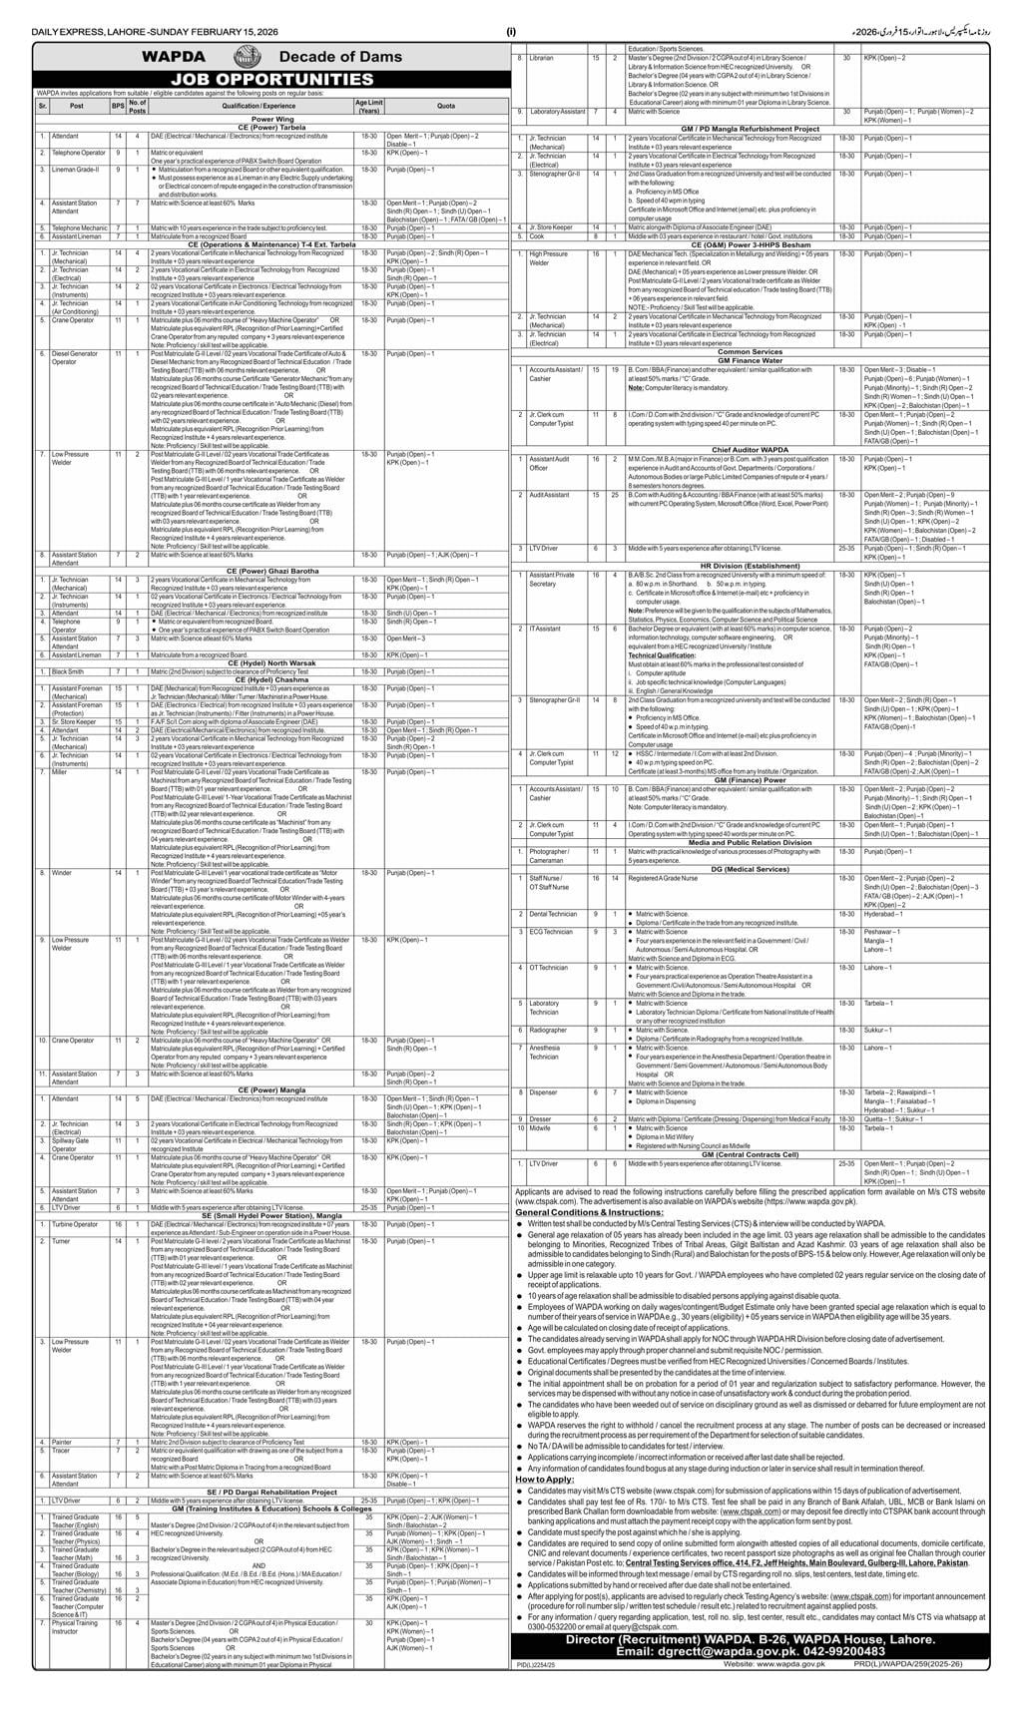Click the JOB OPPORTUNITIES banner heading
click(257, 79)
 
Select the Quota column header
click(445, 105)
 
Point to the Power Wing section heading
click(258, 117)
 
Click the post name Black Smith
click(69, 672)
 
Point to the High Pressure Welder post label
click(553, 258)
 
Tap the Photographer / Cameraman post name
click(551, 855)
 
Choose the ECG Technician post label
click(552, 931)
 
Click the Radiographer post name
click(549, 1030)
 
